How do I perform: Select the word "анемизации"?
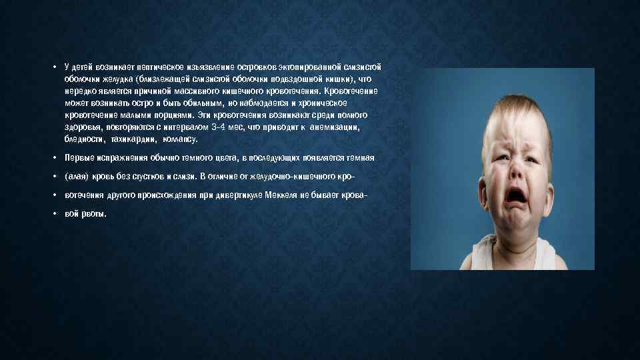[x=341, y=127]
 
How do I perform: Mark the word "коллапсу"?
[x=177, y=139]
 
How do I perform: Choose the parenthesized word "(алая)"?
[x=76, y=177]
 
